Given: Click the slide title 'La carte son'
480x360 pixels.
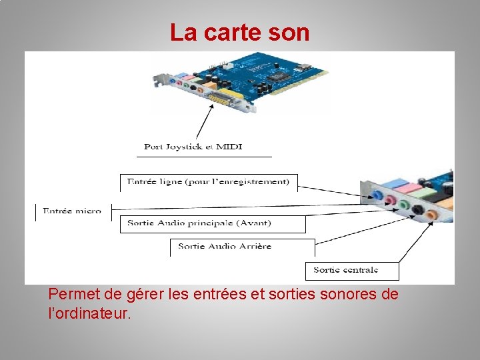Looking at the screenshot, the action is coord(239,32).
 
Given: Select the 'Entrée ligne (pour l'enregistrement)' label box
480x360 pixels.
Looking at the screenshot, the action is coord(208,181).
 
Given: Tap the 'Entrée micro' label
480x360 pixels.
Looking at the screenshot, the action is coord(72,211).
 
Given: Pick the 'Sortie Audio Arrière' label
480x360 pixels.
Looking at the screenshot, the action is coord(225,246).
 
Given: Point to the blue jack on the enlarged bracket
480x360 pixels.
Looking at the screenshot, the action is coord(377,197).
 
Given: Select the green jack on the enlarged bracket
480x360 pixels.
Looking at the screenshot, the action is coord(403,205).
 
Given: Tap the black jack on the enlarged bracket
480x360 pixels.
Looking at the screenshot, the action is coord(418,209).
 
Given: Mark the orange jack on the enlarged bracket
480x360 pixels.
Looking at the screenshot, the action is coord(432,214).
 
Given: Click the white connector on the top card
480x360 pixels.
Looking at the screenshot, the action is coord(228,65).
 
